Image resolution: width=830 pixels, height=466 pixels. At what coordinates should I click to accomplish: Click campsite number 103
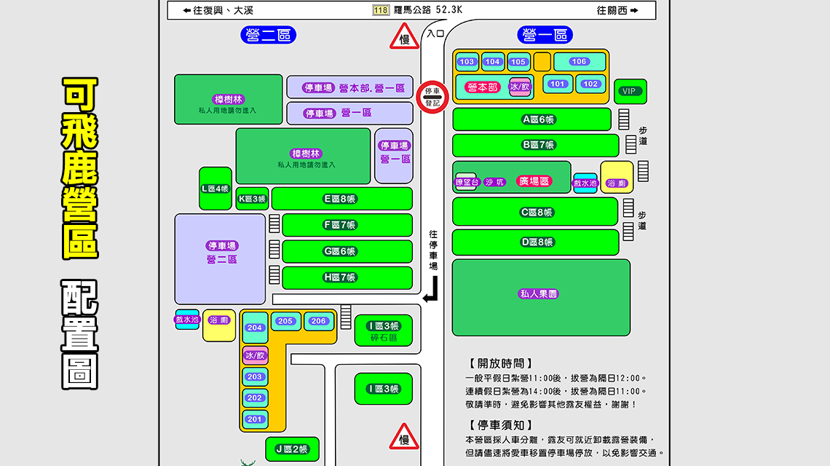467,62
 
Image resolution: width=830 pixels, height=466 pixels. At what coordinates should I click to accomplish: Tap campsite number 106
580,62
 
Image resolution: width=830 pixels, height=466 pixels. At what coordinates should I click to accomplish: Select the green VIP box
629,91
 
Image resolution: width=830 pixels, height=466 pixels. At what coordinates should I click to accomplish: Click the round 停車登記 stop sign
432,98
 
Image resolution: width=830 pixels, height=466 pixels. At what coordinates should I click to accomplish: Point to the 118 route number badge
380,10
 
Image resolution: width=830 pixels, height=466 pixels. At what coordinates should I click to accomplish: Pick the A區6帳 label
539,119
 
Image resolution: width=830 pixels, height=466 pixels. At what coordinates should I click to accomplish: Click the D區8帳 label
538,242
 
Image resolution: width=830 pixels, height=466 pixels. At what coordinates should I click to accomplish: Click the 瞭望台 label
465,182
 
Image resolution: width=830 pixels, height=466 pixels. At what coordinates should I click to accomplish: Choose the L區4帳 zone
215,189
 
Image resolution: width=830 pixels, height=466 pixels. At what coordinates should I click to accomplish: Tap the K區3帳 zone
252,199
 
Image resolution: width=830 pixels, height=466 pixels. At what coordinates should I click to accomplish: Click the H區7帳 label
339,277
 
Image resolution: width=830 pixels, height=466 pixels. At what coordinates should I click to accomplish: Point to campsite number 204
255,328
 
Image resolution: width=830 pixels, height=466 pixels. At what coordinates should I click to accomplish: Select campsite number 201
255,419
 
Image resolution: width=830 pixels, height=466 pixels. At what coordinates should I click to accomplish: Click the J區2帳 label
292,449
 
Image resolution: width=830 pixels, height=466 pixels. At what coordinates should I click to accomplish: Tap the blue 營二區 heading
269,35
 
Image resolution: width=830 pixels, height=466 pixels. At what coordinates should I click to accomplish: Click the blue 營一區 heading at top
545,35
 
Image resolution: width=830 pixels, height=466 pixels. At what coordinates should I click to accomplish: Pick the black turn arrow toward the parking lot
431,291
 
